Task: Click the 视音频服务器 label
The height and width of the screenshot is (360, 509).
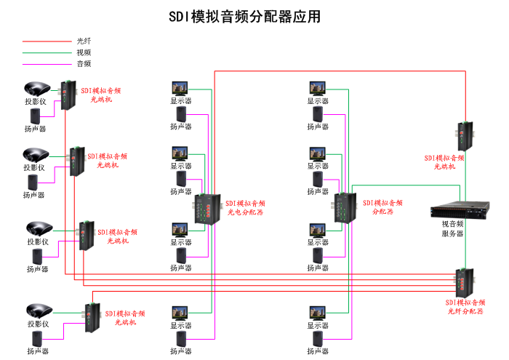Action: pyautogui.click(x=452, y=229)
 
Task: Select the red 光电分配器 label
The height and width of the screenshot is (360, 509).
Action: pyautogui.click(x=245, y=208)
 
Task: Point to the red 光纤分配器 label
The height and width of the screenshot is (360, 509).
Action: pyautogui.click(x=465, y=306)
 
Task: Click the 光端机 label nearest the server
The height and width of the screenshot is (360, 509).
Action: pyautogui.click(x=444, y=162)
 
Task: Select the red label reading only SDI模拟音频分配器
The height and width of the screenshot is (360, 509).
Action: pyautogui.click(x=382, y=207)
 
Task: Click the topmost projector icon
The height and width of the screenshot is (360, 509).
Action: pyautogui.click(x=36, y=89)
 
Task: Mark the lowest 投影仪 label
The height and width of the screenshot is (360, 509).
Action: pyautogui.click(x=37, y=324)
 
